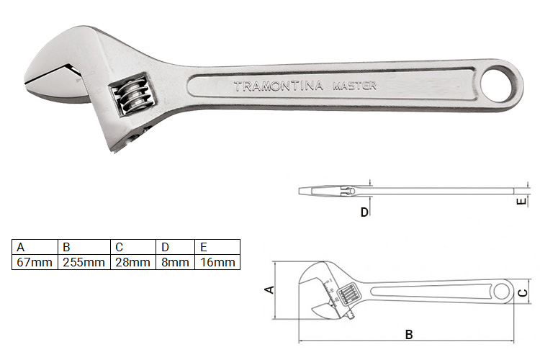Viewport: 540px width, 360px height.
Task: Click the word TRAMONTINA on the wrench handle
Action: (x=280, y=86)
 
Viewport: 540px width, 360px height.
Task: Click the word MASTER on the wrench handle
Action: (x=354, y=86)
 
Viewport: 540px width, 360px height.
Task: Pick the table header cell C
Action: (x=119, y=246)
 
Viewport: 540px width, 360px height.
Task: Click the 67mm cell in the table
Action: (x=35, y=262)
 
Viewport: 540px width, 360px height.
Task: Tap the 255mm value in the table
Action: (x=84, y=262)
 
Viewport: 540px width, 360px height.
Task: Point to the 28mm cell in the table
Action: (x=132, y=262)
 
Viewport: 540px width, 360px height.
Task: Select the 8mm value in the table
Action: (x=174, y=262)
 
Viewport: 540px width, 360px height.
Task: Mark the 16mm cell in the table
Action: (x=217, y=262)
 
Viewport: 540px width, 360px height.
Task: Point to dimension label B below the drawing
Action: (x=409, y=334)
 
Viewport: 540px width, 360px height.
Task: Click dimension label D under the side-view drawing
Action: (x=364, y=212)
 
